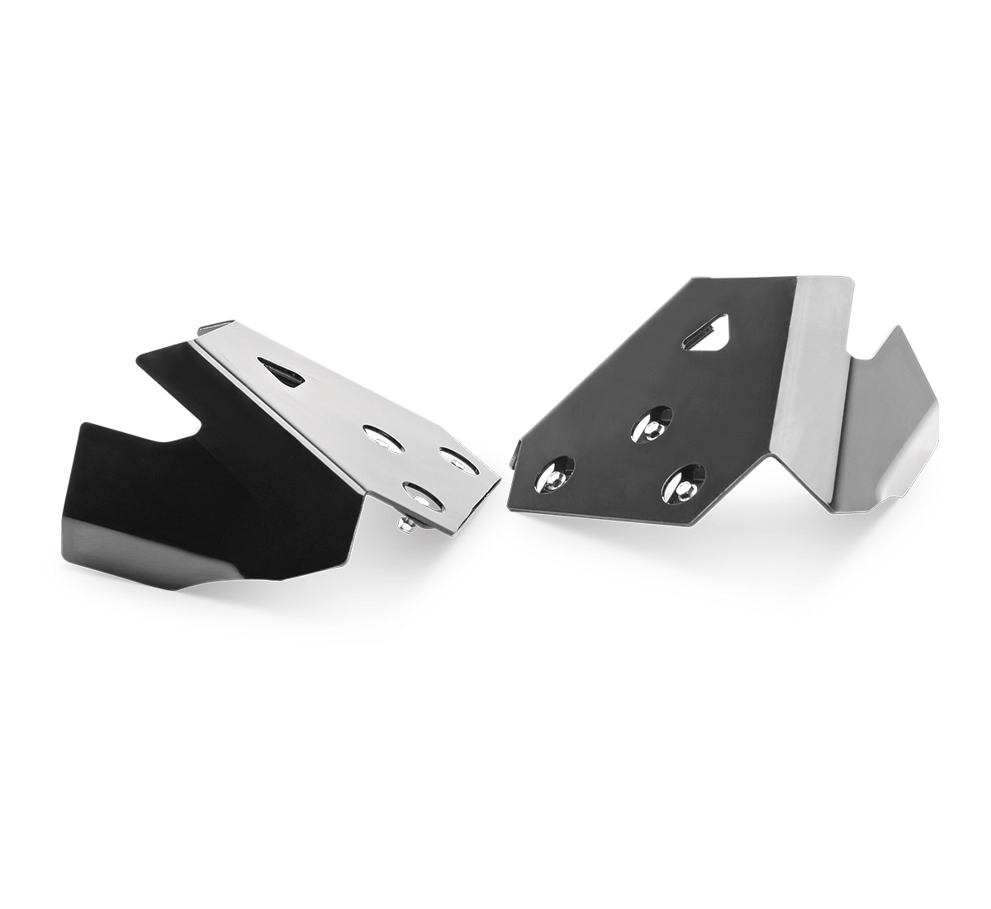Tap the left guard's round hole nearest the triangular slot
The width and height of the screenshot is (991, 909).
coord(382,439)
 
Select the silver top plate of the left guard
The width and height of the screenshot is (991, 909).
coord(347,397)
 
